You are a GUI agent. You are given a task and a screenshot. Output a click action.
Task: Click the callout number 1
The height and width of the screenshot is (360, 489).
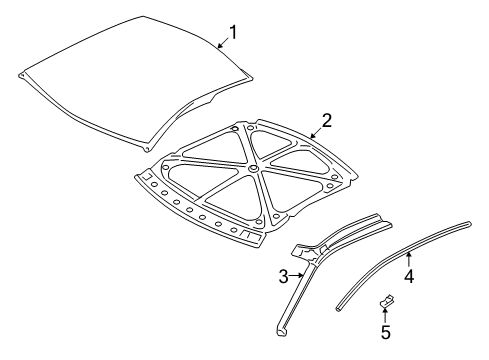pyautogui.click(x=233, y=34)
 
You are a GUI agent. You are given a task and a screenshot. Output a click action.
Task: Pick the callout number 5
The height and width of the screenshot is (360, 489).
pyautogui.click(x=385, y=332)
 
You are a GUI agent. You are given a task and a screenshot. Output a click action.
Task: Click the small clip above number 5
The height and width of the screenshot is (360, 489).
pyautogui.click(x=385, y=300)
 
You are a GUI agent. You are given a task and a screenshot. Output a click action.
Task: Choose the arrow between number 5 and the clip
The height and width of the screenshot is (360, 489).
pyautogui.click(x=385, y=314)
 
